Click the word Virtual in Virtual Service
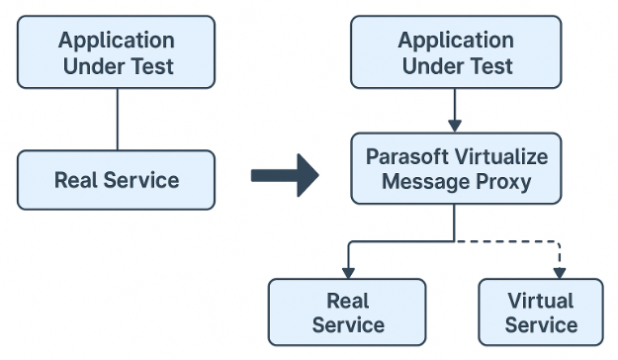pos(540,301)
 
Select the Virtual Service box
pos(541,312)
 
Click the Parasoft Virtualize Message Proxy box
pos(456,169)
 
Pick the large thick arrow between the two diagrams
pos(284,176)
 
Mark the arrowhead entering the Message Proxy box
pos(455,126)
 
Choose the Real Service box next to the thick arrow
pos(117,180)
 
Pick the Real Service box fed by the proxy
pos(347,312)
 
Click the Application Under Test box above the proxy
pos(456,53)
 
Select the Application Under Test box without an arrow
pos(117,53)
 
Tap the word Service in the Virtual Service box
pos(540,324)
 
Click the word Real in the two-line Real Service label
pos(347,301)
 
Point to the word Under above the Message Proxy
pos(430,66)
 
